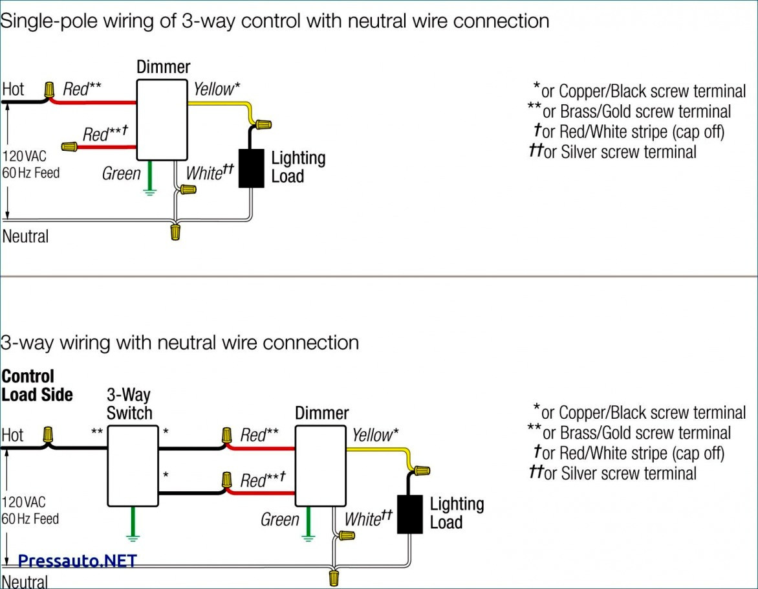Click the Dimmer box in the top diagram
point(162,120)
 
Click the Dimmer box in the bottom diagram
point(321,465)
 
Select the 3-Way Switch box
point(133,465)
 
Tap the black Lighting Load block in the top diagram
point(252,168)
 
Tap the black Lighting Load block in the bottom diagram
point(409,514)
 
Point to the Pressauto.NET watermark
point(77,561)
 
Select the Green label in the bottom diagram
point(279,520)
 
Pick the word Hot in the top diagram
point(13,89)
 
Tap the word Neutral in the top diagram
point(25,236)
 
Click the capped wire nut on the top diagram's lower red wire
point(69,147)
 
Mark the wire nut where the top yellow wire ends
point(263,124)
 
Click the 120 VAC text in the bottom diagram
point(23,502)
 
